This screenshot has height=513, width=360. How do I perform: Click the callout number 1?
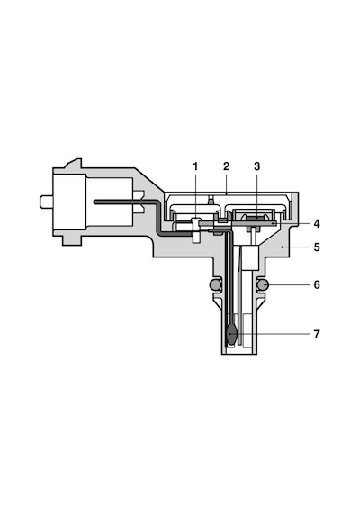click(x=195, y=166)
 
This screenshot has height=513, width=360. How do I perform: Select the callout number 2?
click(x=226, y=166)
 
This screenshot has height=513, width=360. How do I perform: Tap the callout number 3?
click(x=256, y=166)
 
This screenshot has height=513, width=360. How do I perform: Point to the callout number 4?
click(x=317, y=224)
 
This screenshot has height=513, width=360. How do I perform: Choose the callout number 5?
click(x=317, y=247)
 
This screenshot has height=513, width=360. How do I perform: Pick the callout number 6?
click(x=317, y=285)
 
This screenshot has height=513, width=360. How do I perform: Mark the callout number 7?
click(x=317, y=334)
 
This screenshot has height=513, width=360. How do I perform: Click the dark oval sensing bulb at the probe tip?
click(x=231, y=334)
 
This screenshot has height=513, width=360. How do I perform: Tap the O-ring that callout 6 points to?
click(x=263, y=285)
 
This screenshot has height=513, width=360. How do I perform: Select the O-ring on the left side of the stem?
click(x=215, y=285)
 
